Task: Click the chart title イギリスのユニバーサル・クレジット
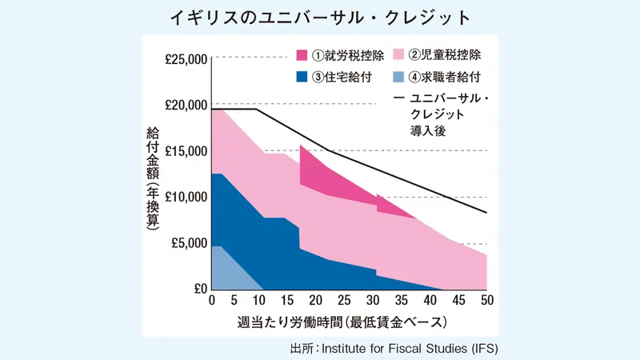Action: pyautogui.click(x=320, y=17)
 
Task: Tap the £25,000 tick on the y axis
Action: pyautogui.click(x=185, y=58)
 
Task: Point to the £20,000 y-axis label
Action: pyautogui.click(x=185, y=105)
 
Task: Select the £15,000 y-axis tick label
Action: pyautogui.click(x=185, y=151)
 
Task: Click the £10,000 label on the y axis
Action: pyautogui.click(x=185, y=197)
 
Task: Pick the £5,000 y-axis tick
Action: pyautogui.click(x=189, y=243)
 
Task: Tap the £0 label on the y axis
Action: pyautogui.click(x=198, y=289)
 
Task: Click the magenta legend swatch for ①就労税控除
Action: pyautogui.click(x=303, y=56)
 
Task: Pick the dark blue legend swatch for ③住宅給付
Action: pyautogui.click(x=303, y=78)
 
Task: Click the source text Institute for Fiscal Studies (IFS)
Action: pyautogui.click(x=415, y=350)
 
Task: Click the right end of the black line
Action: pyautogui.click(x=486, y=213)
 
